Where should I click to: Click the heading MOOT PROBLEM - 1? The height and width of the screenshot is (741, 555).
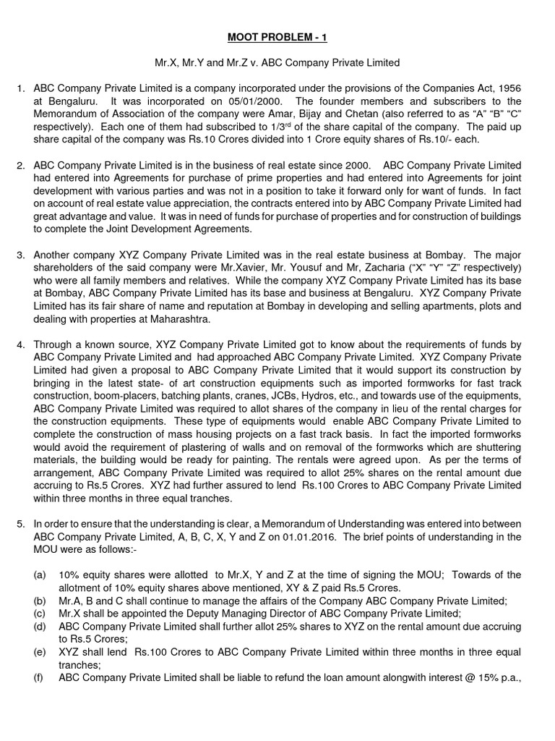click(x=277, y=37)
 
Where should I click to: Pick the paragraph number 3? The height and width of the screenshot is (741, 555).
click(x=21, y=255)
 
